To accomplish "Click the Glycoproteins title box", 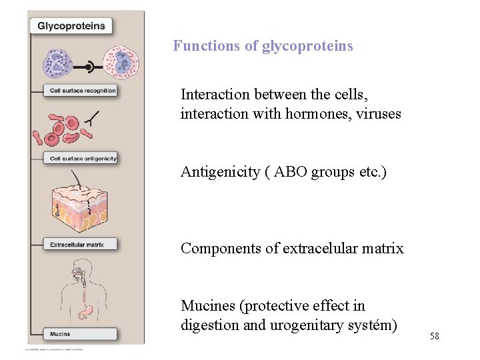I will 71,26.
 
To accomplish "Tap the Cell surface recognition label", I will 82,91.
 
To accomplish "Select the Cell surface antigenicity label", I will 83,158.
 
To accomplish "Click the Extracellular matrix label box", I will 77,245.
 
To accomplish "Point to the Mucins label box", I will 60,333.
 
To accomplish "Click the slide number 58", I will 434,337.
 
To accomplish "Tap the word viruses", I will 378,114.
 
